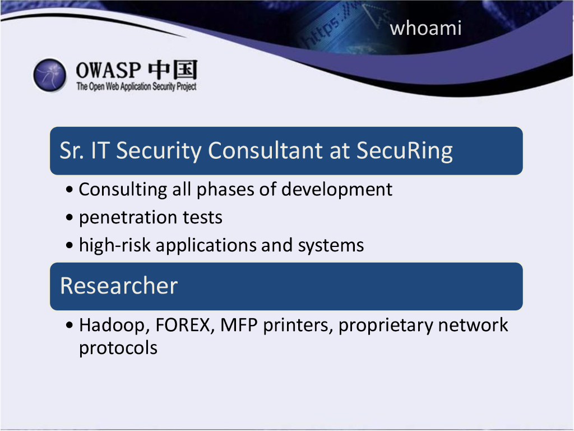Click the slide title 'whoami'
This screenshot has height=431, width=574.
[425, 28]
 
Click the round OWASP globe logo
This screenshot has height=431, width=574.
[50, 75]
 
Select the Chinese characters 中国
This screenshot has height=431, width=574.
[173, 70]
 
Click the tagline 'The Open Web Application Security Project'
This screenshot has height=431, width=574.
[136, 86]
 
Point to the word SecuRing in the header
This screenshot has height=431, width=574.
[405, 150]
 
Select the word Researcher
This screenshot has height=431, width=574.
[119, 286]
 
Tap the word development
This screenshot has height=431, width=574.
[337, 190]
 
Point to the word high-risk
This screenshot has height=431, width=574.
[114, 245]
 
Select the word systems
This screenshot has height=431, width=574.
[331, 246]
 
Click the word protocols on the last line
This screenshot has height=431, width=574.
[118, 348]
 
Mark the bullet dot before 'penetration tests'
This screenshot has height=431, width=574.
[70, 218]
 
